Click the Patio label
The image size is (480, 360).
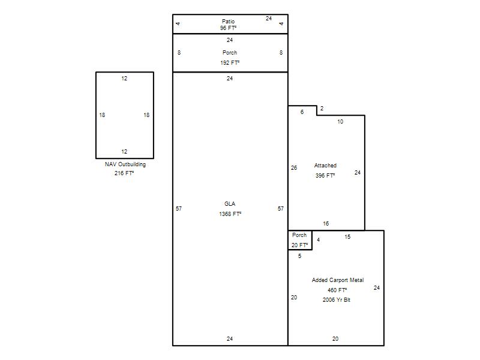click(229, 22)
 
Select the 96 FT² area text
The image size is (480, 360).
click(229, 28)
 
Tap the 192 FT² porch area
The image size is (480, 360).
click(230, 63)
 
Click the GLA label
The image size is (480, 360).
click(230, 204)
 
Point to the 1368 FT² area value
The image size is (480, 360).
click(230, 214)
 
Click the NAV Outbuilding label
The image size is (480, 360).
click(125, 164)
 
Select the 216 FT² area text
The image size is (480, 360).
click(124, 173)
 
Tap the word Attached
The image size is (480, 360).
click(325, 166)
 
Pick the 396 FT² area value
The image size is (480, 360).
click(325, 176)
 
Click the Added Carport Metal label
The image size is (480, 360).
click(338, 280)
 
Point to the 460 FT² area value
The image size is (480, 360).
click(337, 290)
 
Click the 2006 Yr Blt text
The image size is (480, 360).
click(337, 300)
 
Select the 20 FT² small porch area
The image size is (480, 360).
click(299, 245)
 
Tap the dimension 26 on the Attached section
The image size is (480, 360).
click(294, 168)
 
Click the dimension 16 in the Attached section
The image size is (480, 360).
click(326, 224)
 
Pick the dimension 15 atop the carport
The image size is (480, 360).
click(347, 237)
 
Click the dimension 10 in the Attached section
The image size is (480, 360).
click(340, 122)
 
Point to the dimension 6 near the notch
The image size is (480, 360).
click(302, 112)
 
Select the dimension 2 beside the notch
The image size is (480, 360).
click(322, 109)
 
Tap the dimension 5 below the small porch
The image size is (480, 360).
click(299, 256)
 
